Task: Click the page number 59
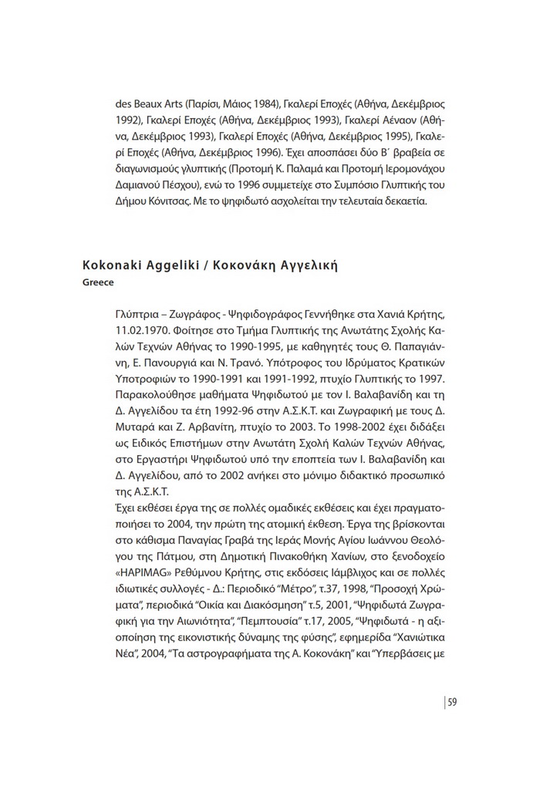click(x=453, y=701)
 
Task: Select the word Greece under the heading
click(x=98, y=282)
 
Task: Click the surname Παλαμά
click(x=312, y=168)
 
